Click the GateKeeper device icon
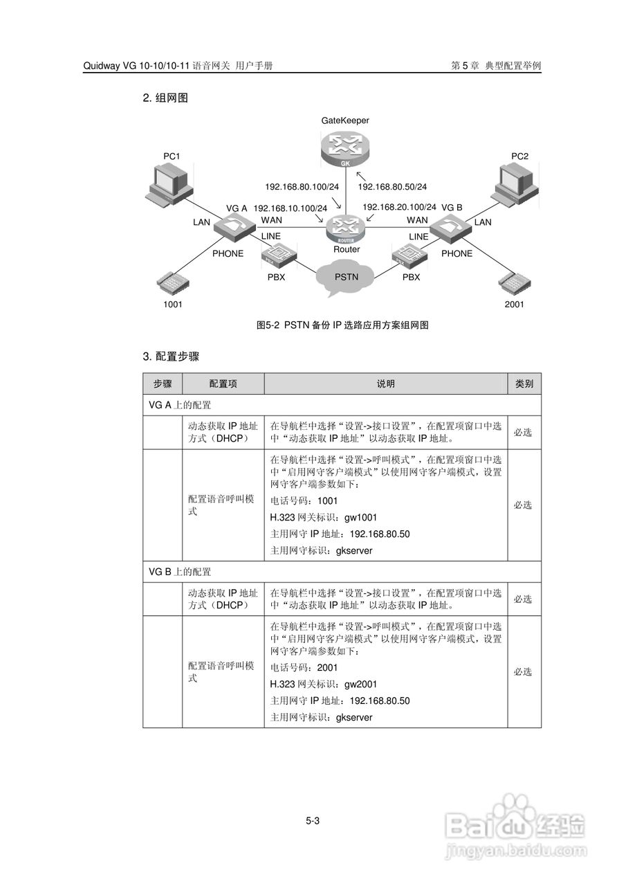point(345,149)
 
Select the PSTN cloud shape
point(346,276)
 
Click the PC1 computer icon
point(167,183)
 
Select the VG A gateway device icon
point(236,226)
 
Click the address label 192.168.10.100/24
point(290,208)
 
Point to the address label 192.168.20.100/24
point(399,207)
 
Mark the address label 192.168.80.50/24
point(392,187)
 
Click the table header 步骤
point(163,383)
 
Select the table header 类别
point(524,383)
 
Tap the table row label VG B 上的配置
point(180,572)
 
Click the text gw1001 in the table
point(360,517)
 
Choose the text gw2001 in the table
point(360,684)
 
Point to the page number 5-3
point(313,821)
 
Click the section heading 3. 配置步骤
point(171,356)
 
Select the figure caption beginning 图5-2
point(342,325)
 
